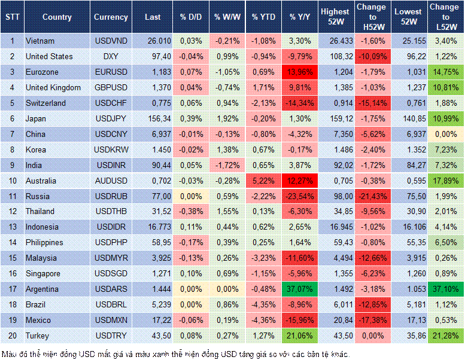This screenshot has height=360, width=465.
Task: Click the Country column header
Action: (57, 17)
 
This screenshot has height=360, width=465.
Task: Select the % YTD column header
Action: (263, 17)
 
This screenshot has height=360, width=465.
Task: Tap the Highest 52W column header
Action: (335, 17)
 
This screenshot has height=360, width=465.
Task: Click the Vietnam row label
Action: (40, 41)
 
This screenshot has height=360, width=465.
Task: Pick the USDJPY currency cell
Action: (111, 118)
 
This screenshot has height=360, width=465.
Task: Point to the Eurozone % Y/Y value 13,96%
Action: (300, 72)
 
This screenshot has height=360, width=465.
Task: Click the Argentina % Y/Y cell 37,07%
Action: (300, 289)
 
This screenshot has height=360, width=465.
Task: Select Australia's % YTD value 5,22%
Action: (263, 181)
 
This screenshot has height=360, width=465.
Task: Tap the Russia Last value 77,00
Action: (153, 196)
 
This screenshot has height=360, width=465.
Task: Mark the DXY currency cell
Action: (111, 56)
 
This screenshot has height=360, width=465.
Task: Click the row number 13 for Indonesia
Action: (12, 227)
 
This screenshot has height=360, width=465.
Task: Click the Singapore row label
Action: (43, 274)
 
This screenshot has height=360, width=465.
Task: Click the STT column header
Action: (12, 17)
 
